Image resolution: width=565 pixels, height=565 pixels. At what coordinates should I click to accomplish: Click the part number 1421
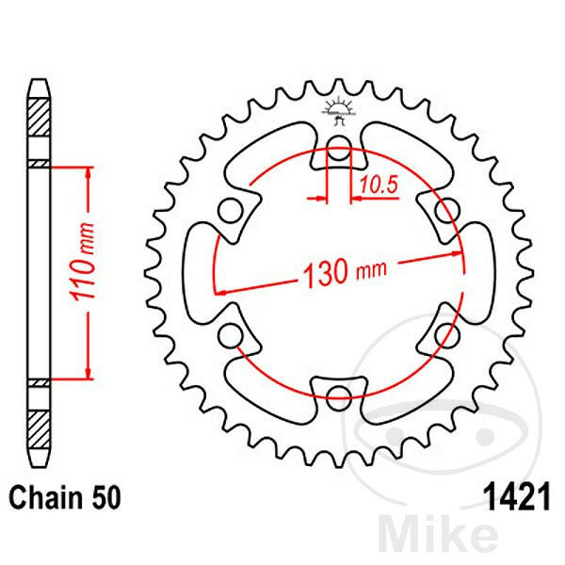[x=518, y=496]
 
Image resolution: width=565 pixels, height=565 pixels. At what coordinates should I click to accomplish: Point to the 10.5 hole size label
[x=379, y=185]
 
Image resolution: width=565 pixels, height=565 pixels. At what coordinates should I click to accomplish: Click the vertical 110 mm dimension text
[x=84, y=262]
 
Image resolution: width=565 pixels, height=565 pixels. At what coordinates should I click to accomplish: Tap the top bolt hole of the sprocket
[x=338, y=149]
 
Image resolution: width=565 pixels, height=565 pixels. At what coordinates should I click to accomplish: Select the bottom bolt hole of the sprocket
[x=338, y=397]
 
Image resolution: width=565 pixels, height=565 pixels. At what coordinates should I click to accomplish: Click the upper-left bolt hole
[x=231, y=211]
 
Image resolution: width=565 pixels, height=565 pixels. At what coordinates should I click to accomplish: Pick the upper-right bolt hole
[x=446, y=211]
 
